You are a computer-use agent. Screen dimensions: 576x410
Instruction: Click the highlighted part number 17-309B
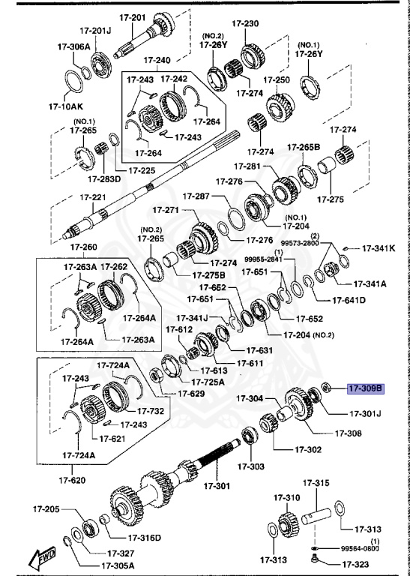point(365,388)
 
